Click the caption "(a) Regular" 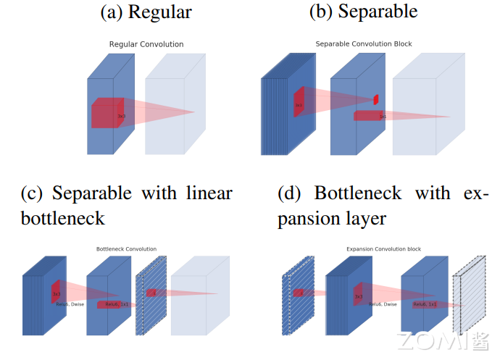146,12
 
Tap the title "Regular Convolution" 146,44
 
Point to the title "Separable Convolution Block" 364,44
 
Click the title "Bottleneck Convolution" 126,249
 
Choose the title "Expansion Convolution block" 383,249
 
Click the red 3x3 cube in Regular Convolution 108,113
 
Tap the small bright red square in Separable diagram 376,99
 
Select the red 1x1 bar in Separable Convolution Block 370,116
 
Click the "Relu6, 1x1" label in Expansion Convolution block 425,305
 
